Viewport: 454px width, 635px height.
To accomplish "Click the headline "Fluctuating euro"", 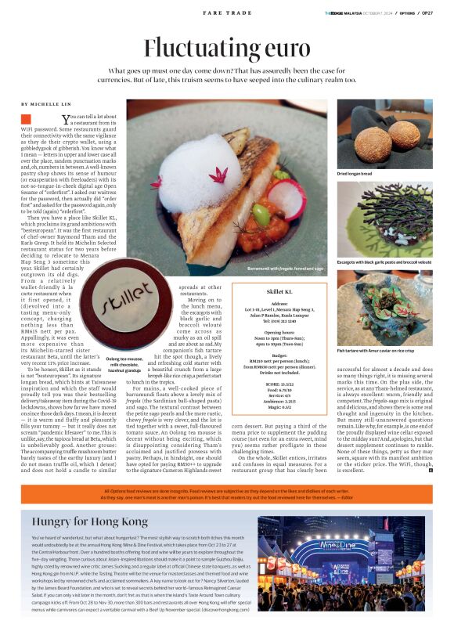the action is (x=226, y=48).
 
